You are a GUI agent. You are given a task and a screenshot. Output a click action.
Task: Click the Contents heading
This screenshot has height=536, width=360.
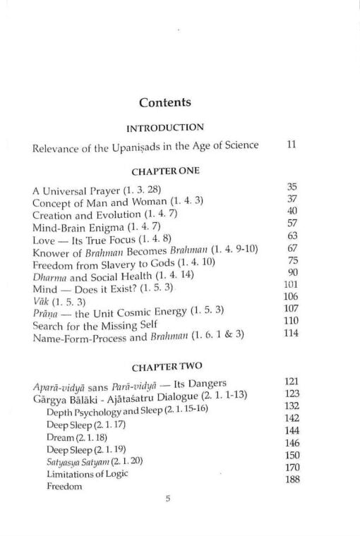click(165, 102)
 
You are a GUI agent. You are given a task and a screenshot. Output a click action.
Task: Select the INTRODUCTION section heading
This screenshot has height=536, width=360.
click(165, 128)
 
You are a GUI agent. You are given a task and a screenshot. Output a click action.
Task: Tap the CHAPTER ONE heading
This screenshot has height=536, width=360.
click(165, 171)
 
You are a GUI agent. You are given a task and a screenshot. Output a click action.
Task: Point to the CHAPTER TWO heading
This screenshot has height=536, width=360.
click(165, 366)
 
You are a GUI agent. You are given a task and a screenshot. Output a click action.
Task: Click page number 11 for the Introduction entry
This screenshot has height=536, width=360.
click(292, 145)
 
